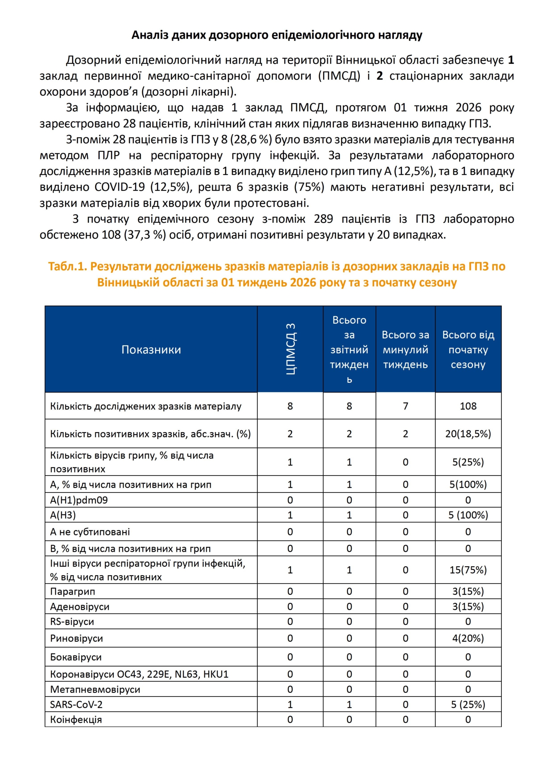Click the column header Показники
point(151,350)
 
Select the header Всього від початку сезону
point(468,350)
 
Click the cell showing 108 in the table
point(468,406)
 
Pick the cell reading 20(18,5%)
point(468,434)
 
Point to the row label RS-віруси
point(72,621)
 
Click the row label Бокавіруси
point(76,657)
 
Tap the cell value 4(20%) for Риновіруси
point(468,638)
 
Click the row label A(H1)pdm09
point(79,500)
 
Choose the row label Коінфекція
point(76,719)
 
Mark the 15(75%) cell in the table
point(468,570)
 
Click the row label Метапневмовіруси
point(95,689)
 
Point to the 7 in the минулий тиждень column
point(405,406)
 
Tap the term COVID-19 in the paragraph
point(119,187)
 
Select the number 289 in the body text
point(323,219)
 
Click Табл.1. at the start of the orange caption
point(68,266)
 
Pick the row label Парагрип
point(72,591)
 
